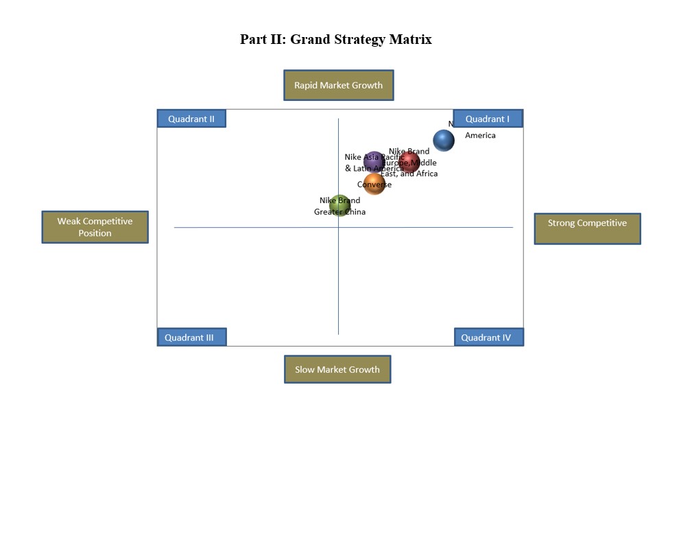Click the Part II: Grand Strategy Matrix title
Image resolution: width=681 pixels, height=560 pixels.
335,39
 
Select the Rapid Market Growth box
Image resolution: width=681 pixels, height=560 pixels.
338,85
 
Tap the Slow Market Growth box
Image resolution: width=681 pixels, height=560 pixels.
337,369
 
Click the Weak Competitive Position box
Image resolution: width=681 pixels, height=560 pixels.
95,227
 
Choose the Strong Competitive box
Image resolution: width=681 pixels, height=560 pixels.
587,228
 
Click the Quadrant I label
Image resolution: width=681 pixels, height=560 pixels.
488,119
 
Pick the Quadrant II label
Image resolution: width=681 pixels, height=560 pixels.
191,119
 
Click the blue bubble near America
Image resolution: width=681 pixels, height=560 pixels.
444,140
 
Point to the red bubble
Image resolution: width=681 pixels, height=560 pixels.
409,162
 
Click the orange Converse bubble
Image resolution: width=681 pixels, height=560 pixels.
374,184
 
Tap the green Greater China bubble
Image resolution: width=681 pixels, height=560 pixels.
339,205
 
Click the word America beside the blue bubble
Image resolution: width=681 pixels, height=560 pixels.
480,135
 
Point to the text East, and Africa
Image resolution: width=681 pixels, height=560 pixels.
410,174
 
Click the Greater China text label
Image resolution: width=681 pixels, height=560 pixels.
339,212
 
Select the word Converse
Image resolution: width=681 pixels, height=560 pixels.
374,185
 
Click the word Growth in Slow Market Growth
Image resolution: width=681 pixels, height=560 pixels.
364,369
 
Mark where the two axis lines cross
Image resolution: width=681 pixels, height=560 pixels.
338,227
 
